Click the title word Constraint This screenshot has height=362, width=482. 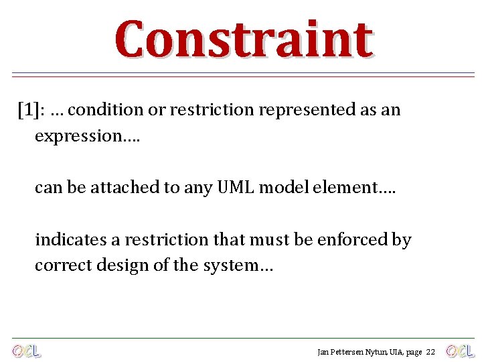pos(243,40)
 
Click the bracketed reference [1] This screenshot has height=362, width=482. pos(29,110)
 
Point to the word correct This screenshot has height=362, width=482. pos(57,265)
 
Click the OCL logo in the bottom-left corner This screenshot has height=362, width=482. pos(26,351)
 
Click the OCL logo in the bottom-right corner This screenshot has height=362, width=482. pos(460,351)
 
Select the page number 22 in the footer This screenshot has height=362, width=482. pos(430,352)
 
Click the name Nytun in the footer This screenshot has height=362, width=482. pos(368,352)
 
